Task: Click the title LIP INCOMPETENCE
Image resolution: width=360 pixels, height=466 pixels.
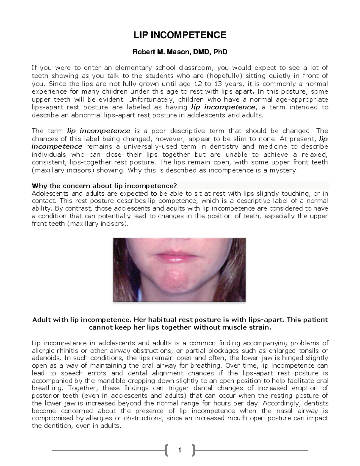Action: (180, 35)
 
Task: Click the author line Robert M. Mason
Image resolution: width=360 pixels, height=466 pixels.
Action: (180, 52)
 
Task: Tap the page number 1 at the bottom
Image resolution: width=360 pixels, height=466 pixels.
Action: (179, 450)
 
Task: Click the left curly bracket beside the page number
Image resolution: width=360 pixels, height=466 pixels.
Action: (166, 450)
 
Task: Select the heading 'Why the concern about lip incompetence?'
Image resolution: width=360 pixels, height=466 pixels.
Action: (104, 185)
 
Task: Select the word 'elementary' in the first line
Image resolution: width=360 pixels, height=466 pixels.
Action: (133, 68)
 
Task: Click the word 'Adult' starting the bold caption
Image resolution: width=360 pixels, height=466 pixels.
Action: (42, 320)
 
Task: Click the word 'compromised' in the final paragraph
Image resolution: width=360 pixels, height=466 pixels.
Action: (49, 418)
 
